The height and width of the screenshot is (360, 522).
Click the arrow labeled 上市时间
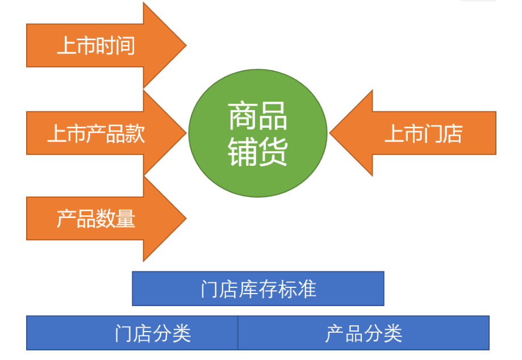(100, 45)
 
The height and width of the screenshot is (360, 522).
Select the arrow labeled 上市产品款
(100, 133)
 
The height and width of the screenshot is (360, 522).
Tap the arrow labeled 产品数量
(100, 219)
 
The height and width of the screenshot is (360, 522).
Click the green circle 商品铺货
(258, 133)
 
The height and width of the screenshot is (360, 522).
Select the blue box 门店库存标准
(258, 288)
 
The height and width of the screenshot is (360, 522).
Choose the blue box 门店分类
(132, 333)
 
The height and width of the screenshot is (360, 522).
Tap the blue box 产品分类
(364, 333)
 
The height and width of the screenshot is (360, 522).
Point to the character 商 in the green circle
(243, 116)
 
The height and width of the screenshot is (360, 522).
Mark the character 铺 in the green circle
(243, 152)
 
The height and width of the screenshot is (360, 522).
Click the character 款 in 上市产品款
(135, 134)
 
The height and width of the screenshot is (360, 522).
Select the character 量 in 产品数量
(126, 219)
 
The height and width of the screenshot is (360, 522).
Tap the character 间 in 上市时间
(125, 45)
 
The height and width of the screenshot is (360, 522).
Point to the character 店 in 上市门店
(453, 134)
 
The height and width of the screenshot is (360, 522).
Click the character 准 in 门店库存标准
(307, 289)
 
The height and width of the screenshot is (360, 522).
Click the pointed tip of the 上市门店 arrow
(329, 133)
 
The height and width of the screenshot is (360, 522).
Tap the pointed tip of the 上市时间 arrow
(186, 45)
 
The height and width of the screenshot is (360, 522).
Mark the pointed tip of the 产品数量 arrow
(186, 219)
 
